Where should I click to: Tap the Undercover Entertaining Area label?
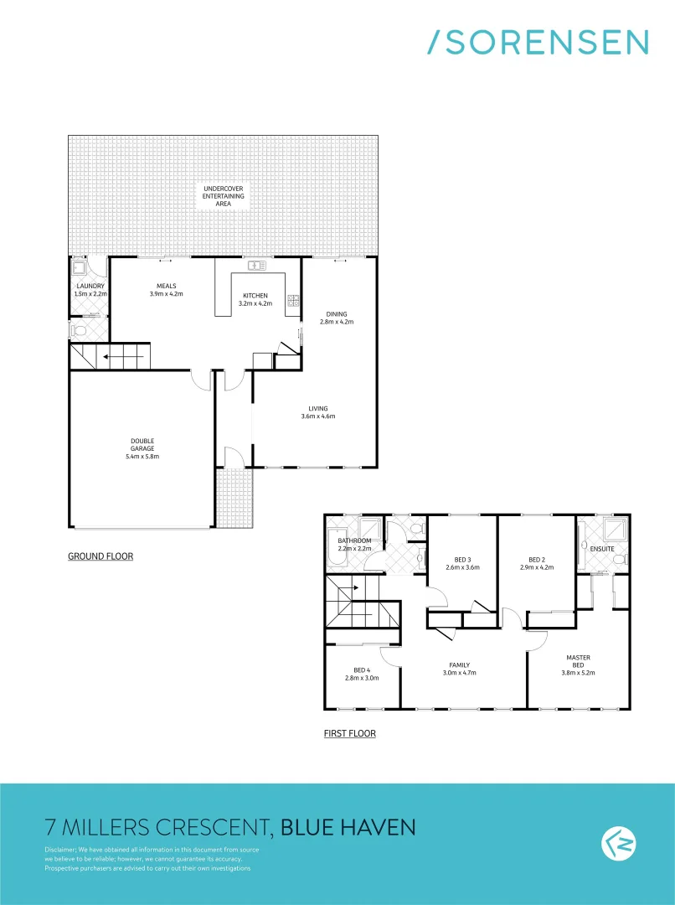pyautogui.click(x=224, y=196)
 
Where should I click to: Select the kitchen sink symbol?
pyautogui.click(x=256, y=266)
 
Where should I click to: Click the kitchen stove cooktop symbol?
pyautogui.click(x=293, y=302)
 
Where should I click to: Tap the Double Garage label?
pyautogui.click(x=142, y=448)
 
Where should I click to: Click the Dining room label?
pyautogui.click(x=337, y=314)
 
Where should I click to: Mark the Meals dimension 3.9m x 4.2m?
pyautogui.click(x=166, y=294)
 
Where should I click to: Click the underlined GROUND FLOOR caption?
pyautogui.click(x=100, y=556)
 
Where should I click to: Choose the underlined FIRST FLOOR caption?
pyautogui.click(x=349, y=734)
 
